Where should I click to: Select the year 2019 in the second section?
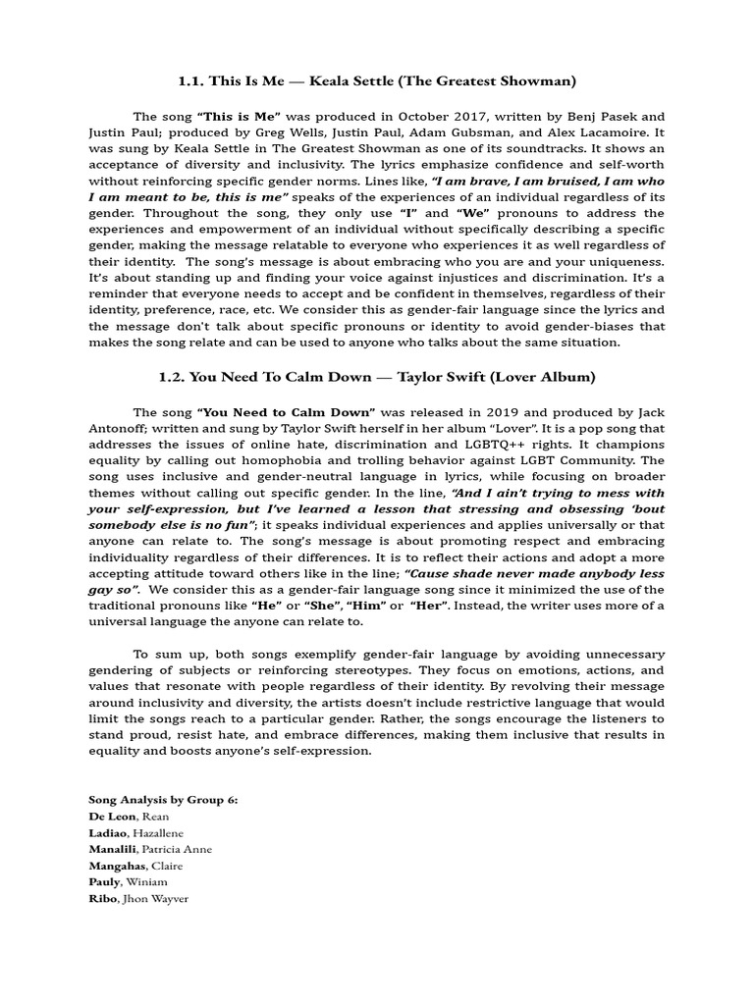tap(466, 411)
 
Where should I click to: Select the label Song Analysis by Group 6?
tap(163, 800)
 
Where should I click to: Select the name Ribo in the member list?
tap(102, 899)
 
